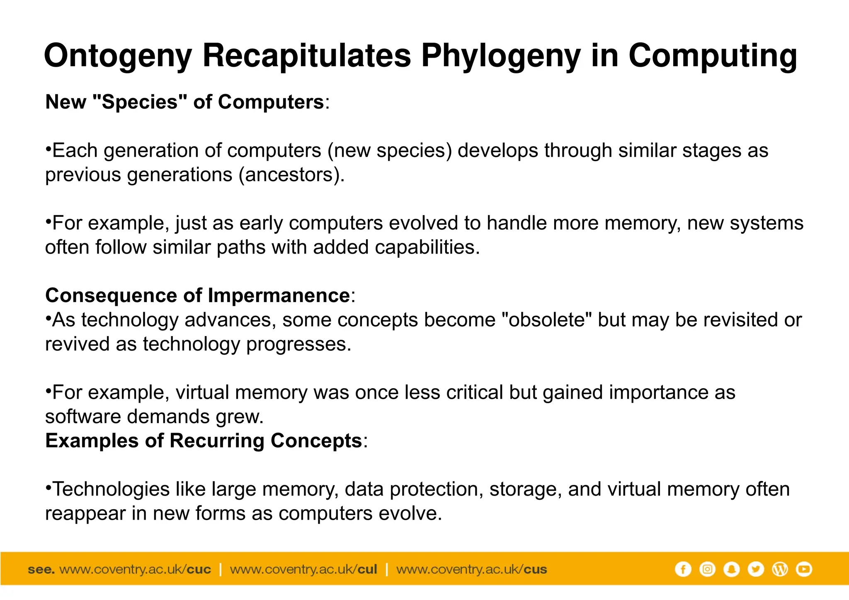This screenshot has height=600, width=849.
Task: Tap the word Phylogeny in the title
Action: [501, 56]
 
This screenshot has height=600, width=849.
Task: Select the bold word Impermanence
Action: [279, 295]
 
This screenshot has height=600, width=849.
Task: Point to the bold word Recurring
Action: [217, 440]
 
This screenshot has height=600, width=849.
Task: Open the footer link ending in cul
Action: [303, 569]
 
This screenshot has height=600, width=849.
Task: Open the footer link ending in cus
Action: [471, 569]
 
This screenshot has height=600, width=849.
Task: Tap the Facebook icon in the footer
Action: [683, 569]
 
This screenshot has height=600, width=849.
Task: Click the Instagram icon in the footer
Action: [707, 569]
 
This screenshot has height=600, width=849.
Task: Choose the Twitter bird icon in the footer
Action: [756, 569]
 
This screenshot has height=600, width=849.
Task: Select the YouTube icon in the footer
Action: [804, 569]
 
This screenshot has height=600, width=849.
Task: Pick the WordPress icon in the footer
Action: [780, 569]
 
